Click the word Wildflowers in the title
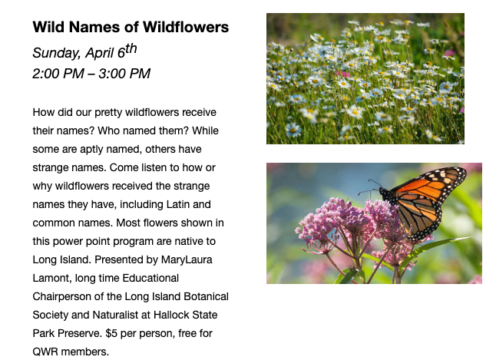pyautogui.click(x=186, y=27)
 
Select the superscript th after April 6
pyautogui.click(x=131, y=48)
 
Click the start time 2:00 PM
pyautogui.click(x=58, y=74)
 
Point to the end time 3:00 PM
pyautogui.click(x=124, y=74)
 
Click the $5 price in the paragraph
pyautogui.click(x=111, y=333)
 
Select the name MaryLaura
pyautogui.click(x=187, y=259)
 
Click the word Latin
pyautogui.click(x=177, y=205)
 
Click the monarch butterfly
pyautogui.click(x=418, y=203)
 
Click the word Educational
pyautogui.click(x=150, y=279)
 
